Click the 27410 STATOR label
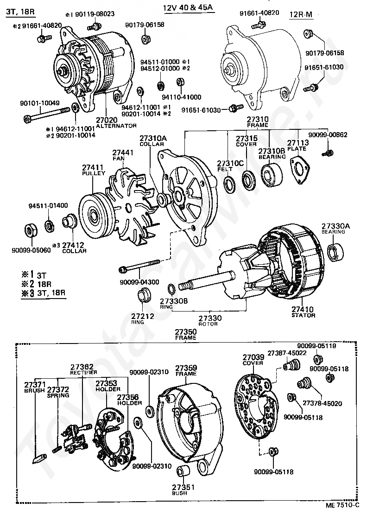(x=303, y=312)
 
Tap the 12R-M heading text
(x=301, y=15)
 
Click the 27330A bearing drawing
(x=335, y=252)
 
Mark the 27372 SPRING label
(x=58, y=392)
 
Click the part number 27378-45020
(x=323, y=403)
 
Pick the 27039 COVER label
(x=253, y=360)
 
